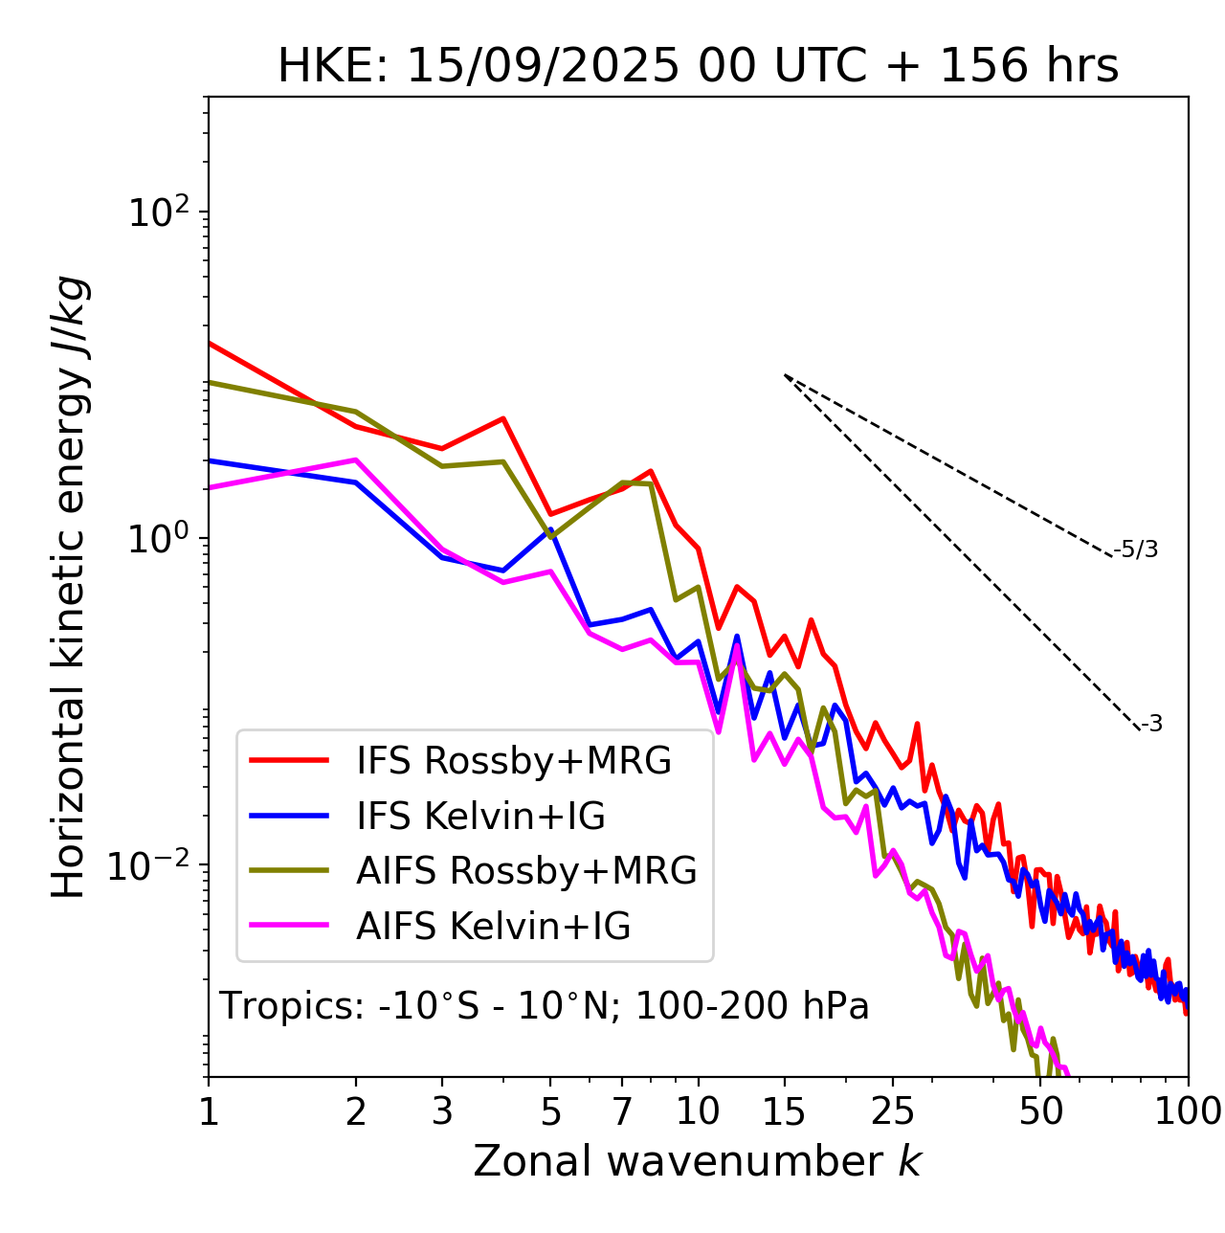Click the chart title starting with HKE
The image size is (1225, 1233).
click(698, 67)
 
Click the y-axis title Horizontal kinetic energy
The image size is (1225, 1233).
click(70, 587)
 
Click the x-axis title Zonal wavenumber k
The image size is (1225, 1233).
click(697, 1161)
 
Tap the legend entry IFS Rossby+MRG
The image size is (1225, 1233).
click(513, 761)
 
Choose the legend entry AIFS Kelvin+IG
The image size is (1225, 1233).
click(493, 927)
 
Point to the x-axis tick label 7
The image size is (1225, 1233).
click(622, 1110)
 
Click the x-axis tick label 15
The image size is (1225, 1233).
click(785, 1110)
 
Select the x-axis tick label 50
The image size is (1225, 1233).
click(1041, 1110)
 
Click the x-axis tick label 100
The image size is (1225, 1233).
click(1188, 1110)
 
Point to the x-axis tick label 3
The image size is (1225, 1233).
click(442, 1110)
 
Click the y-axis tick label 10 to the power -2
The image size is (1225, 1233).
click(153, 866)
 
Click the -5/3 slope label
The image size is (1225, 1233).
click(1136, 549)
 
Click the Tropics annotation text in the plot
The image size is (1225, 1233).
click(544, 1006)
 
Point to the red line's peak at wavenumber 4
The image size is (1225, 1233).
click(503, 418)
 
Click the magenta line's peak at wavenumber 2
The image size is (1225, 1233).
click(356, 460)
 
